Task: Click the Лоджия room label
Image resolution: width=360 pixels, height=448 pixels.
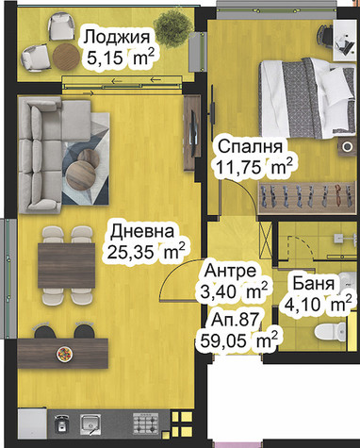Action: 116,38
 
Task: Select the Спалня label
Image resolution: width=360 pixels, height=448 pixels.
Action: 251,147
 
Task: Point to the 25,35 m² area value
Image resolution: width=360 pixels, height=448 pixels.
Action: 145,251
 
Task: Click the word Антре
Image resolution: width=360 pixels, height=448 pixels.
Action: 230,271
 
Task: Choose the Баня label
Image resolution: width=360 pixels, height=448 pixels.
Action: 313,283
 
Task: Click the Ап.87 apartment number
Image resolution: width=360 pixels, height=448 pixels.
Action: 236,320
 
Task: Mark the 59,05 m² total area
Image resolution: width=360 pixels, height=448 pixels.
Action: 238,340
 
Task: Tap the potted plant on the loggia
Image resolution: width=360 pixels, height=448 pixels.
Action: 172,29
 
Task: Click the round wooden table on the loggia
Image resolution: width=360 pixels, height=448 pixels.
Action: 66,58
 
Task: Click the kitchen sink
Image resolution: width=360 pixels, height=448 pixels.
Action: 90,423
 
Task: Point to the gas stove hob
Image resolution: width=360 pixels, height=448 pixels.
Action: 145,423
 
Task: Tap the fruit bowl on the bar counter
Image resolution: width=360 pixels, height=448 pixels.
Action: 64,354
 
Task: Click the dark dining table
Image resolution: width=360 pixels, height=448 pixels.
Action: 66,266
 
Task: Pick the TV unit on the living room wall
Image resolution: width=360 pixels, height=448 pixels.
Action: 192,133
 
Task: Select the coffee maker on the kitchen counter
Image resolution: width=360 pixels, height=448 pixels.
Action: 61,423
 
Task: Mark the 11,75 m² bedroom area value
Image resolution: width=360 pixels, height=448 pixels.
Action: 254,166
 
